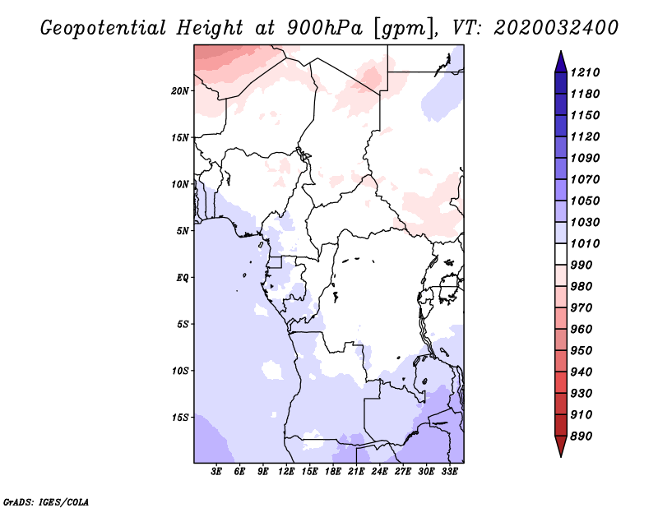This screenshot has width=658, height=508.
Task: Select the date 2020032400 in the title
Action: [556, 28]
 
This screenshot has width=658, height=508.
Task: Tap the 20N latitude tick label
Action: [180, 90]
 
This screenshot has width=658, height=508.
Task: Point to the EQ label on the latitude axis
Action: [183, 277]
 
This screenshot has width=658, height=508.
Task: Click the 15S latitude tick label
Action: [180, 417]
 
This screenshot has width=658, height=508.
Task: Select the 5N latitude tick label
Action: [183, 230]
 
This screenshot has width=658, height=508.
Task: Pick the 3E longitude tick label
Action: [217, 472]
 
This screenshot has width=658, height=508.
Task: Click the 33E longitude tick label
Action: [450, 472]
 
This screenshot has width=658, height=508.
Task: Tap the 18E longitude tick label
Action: [333, 472]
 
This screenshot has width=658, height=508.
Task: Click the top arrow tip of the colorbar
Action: [560, 53]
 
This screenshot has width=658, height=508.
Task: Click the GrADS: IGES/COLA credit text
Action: [35, 500]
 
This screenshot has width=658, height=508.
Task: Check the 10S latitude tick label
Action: [180, 370]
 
